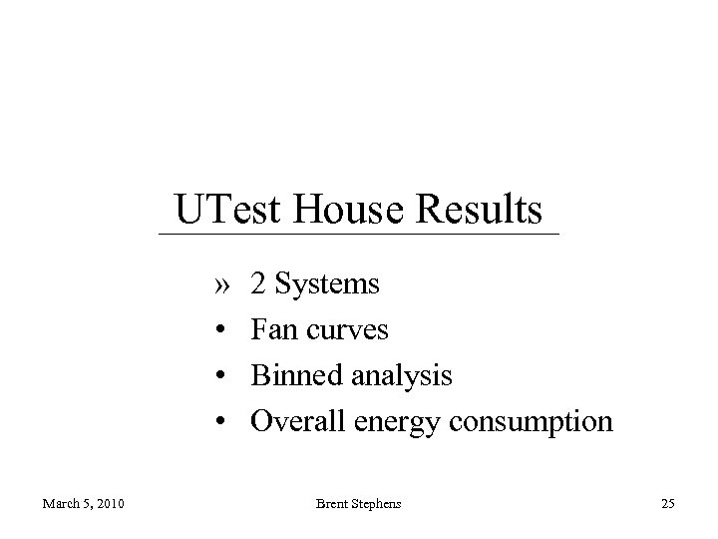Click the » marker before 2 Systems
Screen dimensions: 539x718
(x=220, y=285)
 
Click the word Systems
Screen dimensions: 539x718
(x=326, y=285)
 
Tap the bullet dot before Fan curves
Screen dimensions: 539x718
(x=220, y=330)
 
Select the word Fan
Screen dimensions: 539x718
(x=272, y=330)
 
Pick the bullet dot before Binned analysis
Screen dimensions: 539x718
(x=220, y=376)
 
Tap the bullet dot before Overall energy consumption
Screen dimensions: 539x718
(x=220, y=422)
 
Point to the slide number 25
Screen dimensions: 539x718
(x=667, y=505)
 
